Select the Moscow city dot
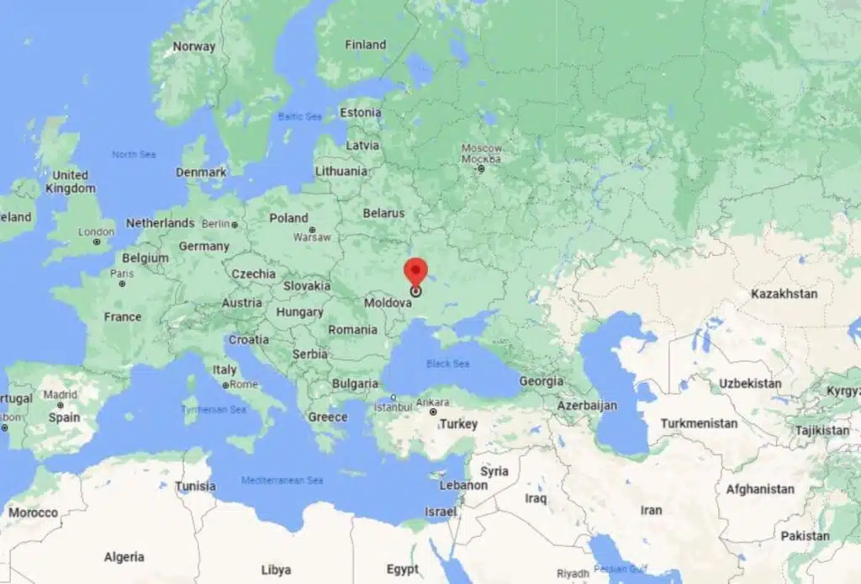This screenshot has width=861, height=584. (481, 169)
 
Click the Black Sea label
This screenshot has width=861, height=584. (448, 364)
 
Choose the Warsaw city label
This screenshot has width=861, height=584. (312, 237)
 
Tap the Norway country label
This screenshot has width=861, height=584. (193, 46)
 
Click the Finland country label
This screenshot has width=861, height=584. (365, 45)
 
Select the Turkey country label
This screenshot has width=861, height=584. (458, 424)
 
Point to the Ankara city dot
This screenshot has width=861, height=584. (433, 411)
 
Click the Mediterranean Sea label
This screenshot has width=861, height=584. (282, 480)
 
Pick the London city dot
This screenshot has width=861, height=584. (97, 242)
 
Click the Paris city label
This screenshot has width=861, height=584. (122, 273)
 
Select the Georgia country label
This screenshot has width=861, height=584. (541, 381)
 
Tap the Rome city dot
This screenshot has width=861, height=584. (226, 385)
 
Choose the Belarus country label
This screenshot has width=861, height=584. (383, 214)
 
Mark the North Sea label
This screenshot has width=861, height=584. (134, 154)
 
